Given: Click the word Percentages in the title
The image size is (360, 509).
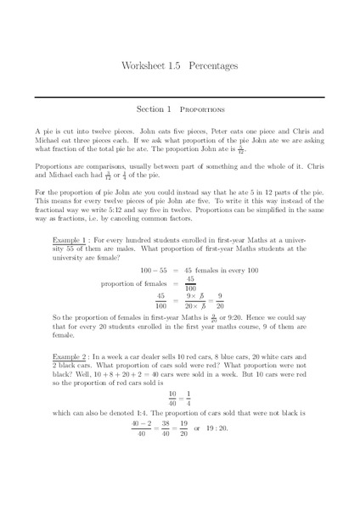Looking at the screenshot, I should [x=213, y=64].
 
